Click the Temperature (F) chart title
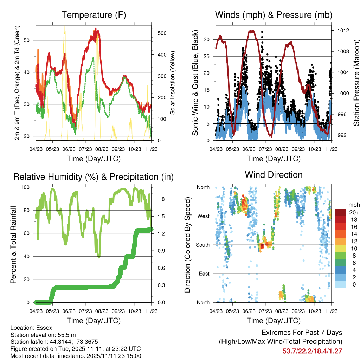(x=94, y=15)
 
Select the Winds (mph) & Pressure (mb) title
(x=274, y=15)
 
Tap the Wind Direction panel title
(x=274, y=175)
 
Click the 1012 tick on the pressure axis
(x=343, y=30)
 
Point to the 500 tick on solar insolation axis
(x=162, y=33)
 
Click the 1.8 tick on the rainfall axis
(x=161, y=199)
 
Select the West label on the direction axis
(x=204, y=216)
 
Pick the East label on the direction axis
(x=204, y=274)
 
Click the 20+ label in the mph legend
(x=354, y=212)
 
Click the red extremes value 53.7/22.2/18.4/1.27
(x=312, y=351)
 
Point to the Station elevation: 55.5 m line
(x=43, y=335)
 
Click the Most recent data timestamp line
(x=76, y=356)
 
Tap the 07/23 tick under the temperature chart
(x=85, y=149)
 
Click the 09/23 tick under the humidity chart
(x=118, y=311)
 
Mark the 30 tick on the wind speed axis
(x=207, y=39)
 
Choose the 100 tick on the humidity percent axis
(x=25, y=187)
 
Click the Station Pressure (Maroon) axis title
(x=356, y=83)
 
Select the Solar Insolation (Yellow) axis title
(x=172, y=83)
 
